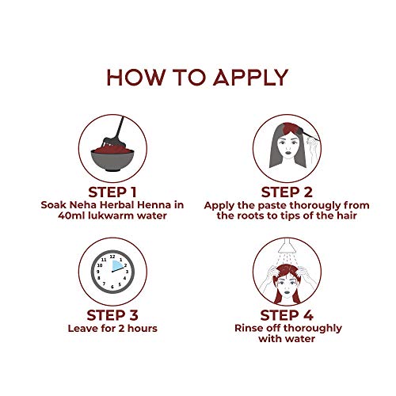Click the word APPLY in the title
click(250, 78)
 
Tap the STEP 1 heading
click(112, 192)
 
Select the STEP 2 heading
click(287, 192)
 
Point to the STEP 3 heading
click(112, 315)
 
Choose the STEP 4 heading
click(287, 315)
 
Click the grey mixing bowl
click(112, 160)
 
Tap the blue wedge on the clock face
click(117, 265)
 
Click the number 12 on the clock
click(112, 257)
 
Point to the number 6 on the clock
click(112, 287)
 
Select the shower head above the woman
click(287, 245)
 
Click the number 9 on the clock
click(98, 272)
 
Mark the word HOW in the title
click(135, 78)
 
